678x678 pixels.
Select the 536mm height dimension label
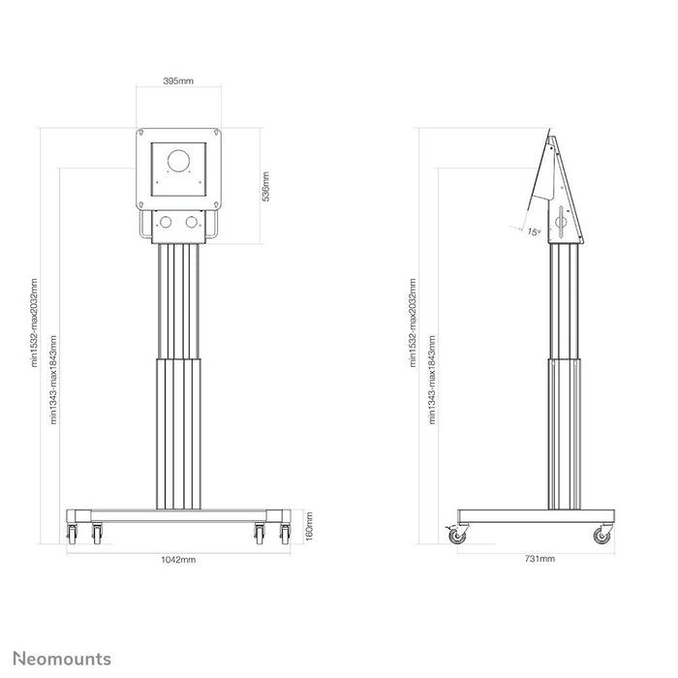pos(266,187)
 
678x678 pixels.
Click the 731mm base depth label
pos(539,559)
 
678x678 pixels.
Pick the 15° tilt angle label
pos(534,231)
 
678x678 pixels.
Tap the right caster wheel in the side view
pos(601,536)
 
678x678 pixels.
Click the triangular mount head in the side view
pos(560,194)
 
